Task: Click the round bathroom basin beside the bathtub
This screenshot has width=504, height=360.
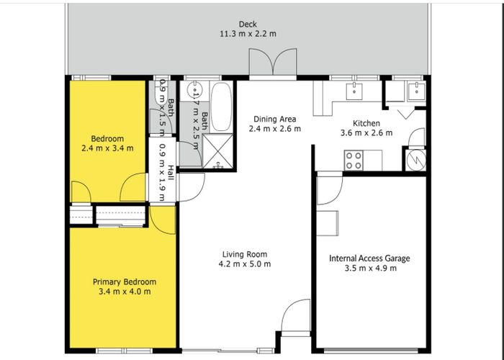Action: point(194,91)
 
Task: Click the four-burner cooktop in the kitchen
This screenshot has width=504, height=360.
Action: point(354,160)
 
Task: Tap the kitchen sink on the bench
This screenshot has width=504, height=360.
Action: point(355,91)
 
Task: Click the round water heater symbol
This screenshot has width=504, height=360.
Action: point(417,159)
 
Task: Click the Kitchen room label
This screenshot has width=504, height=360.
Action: point(366,123)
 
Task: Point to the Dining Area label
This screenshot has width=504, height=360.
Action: point(275,120)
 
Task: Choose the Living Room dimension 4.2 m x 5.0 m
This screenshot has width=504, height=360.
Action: point(246,264)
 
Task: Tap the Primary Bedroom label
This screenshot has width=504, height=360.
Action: point(125,282)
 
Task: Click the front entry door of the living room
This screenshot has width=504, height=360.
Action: point(296,317)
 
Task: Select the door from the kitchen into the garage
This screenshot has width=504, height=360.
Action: point(329,189)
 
